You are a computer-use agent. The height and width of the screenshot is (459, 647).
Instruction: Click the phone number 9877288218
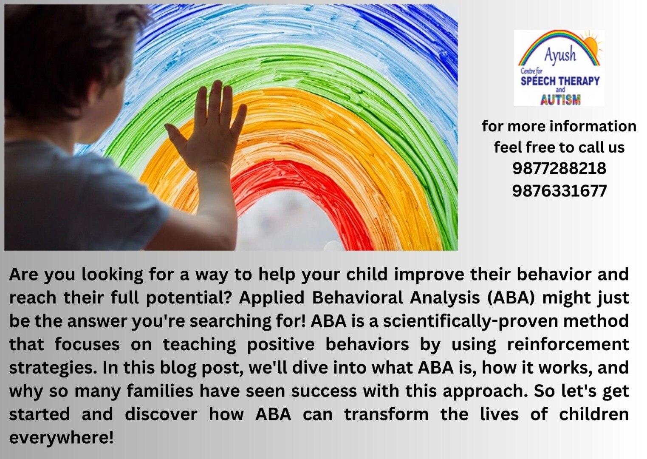point(559,168)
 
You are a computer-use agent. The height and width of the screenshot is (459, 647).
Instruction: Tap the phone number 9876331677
point(559,191)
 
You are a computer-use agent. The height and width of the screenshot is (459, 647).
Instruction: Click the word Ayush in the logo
point(560,54)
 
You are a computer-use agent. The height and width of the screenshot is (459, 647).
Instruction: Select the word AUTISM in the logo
point(560,100)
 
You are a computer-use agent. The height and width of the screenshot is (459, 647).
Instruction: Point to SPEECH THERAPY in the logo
point(560,81)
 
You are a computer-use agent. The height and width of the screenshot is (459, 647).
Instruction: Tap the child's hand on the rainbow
point(206,127)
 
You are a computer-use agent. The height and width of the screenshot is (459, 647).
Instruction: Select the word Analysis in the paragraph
point(444,298)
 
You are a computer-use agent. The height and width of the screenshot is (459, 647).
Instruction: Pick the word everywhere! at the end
point(61,438)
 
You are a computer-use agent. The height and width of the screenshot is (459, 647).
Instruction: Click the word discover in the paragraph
point(161,414)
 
